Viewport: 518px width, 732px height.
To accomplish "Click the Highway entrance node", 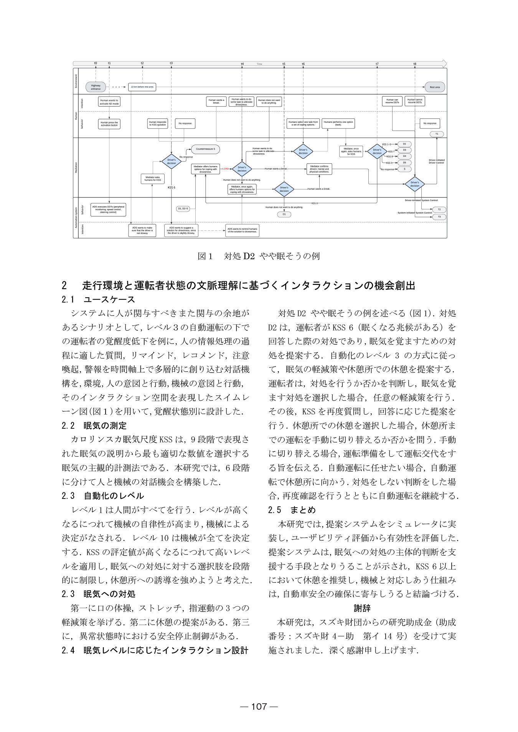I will (x=96, y=87).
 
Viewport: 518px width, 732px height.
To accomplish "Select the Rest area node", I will (x=435, y=87).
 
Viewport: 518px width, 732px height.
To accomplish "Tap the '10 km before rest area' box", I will (x=142, y=87).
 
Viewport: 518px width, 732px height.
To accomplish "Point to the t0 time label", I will (x=96, y=63).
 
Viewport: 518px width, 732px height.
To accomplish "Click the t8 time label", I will (x=415, y=64).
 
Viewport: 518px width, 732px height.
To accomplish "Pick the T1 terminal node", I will (x=437, y=134).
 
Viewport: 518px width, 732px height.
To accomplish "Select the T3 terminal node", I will (x=439, y=217).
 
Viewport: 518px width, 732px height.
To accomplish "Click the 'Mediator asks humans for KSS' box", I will (x=153, y=179).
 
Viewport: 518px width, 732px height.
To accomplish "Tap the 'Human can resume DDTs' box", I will (x=392, y=102).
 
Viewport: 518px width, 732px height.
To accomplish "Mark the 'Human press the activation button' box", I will (x=109, y=124).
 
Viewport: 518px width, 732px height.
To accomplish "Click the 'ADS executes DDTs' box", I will (x=108, y=209).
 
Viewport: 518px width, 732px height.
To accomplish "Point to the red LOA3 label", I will (x=226, y=169).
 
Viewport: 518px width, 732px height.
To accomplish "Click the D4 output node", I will (x=404, y=156).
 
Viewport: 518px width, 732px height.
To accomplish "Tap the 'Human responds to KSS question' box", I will (x=158, y=123).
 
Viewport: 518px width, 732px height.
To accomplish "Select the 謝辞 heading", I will (x=362, y=608).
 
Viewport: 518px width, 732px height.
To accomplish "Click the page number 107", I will (x=259, y=707).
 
